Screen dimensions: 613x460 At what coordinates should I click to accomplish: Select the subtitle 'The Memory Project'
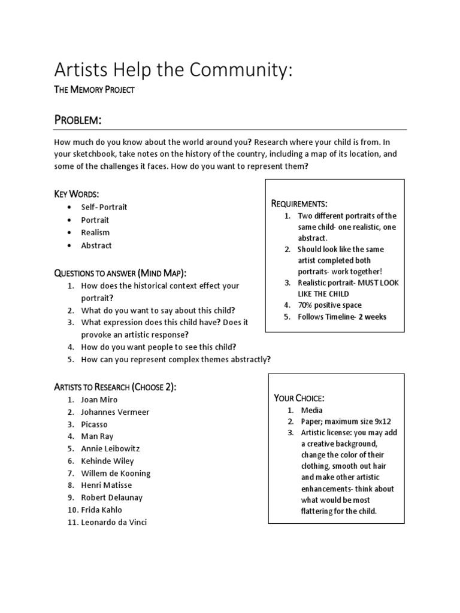pyautogui.click(x=94, y=90)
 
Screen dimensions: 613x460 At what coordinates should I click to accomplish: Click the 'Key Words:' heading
pyautogui.click(x=77, y=194)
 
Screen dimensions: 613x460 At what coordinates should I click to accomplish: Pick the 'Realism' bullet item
pyautogui.click(x=95, y=232)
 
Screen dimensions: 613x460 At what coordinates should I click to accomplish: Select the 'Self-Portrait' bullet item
pyautogui.click(x=104, y=207)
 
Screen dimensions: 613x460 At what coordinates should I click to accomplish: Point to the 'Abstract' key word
pyautogui.click(x=96, y=245)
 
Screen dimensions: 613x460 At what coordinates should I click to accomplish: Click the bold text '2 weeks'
pyautogui.click(x=373, y=317)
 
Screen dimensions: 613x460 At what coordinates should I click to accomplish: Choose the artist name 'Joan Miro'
pyautogui.click(x=99, y=399)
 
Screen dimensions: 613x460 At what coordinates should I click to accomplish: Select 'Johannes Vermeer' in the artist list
pyautogui.click(x=115, y=412)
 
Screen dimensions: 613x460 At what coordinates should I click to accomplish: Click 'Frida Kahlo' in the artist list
pyautogui.click(x=101, y=510)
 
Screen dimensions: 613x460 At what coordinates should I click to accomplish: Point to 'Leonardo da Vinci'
pyautogui.click(x=114, y=523)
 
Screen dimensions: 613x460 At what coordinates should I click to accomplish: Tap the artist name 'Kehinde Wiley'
pyautogui.click(x=107, y=461)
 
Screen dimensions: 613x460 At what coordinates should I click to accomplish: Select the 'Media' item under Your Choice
pyautogui.click(x=311, y=410)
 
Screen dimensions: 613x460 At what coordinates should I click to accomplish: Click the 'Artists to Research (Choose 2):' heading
pyautogui.click(x=115, y=387)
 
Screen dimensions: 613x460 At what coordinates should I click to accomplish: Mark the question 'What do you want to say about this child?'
pyautogui.click(x=158, y=310)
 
